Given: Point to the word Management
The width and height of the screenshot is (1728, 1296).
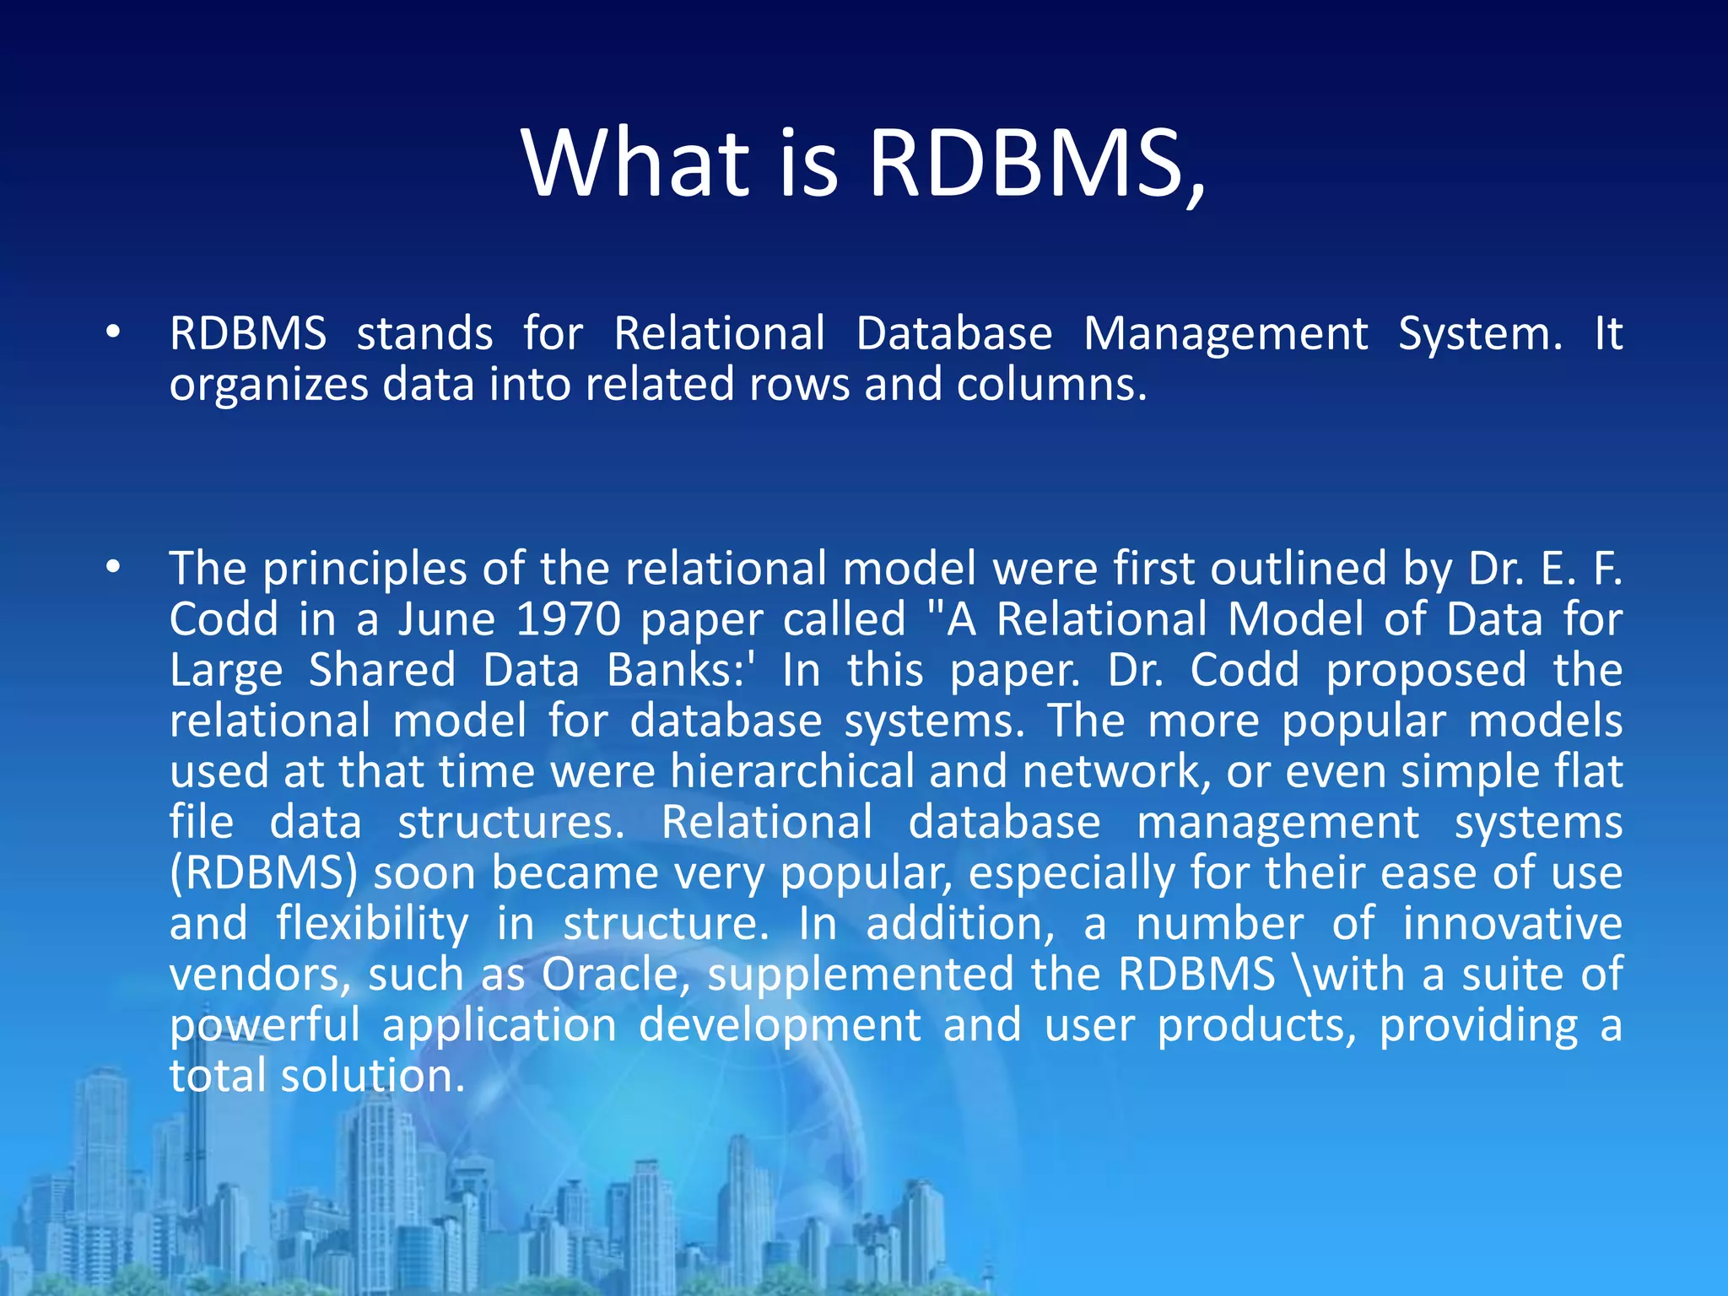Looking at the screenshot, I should tap(1225, 334).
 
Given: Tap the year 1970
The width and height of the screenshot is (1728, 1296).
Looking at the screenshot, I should tap(568, 619).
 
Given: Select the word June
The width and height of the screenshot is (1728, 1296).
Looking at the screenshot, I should tap(446, 619).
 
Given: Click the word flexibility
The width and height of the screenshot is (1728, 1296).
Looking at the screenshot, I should tap(372, 925).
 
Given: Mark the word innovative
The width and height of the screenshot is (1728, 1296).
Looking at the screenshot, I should tap(1512, 923).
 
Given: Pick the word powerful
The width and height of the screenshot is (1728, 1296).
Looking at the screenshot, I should tap(265, 1026).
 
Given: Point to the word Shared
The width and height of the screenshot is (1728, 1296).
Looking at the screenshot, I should tap(381, 670).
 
